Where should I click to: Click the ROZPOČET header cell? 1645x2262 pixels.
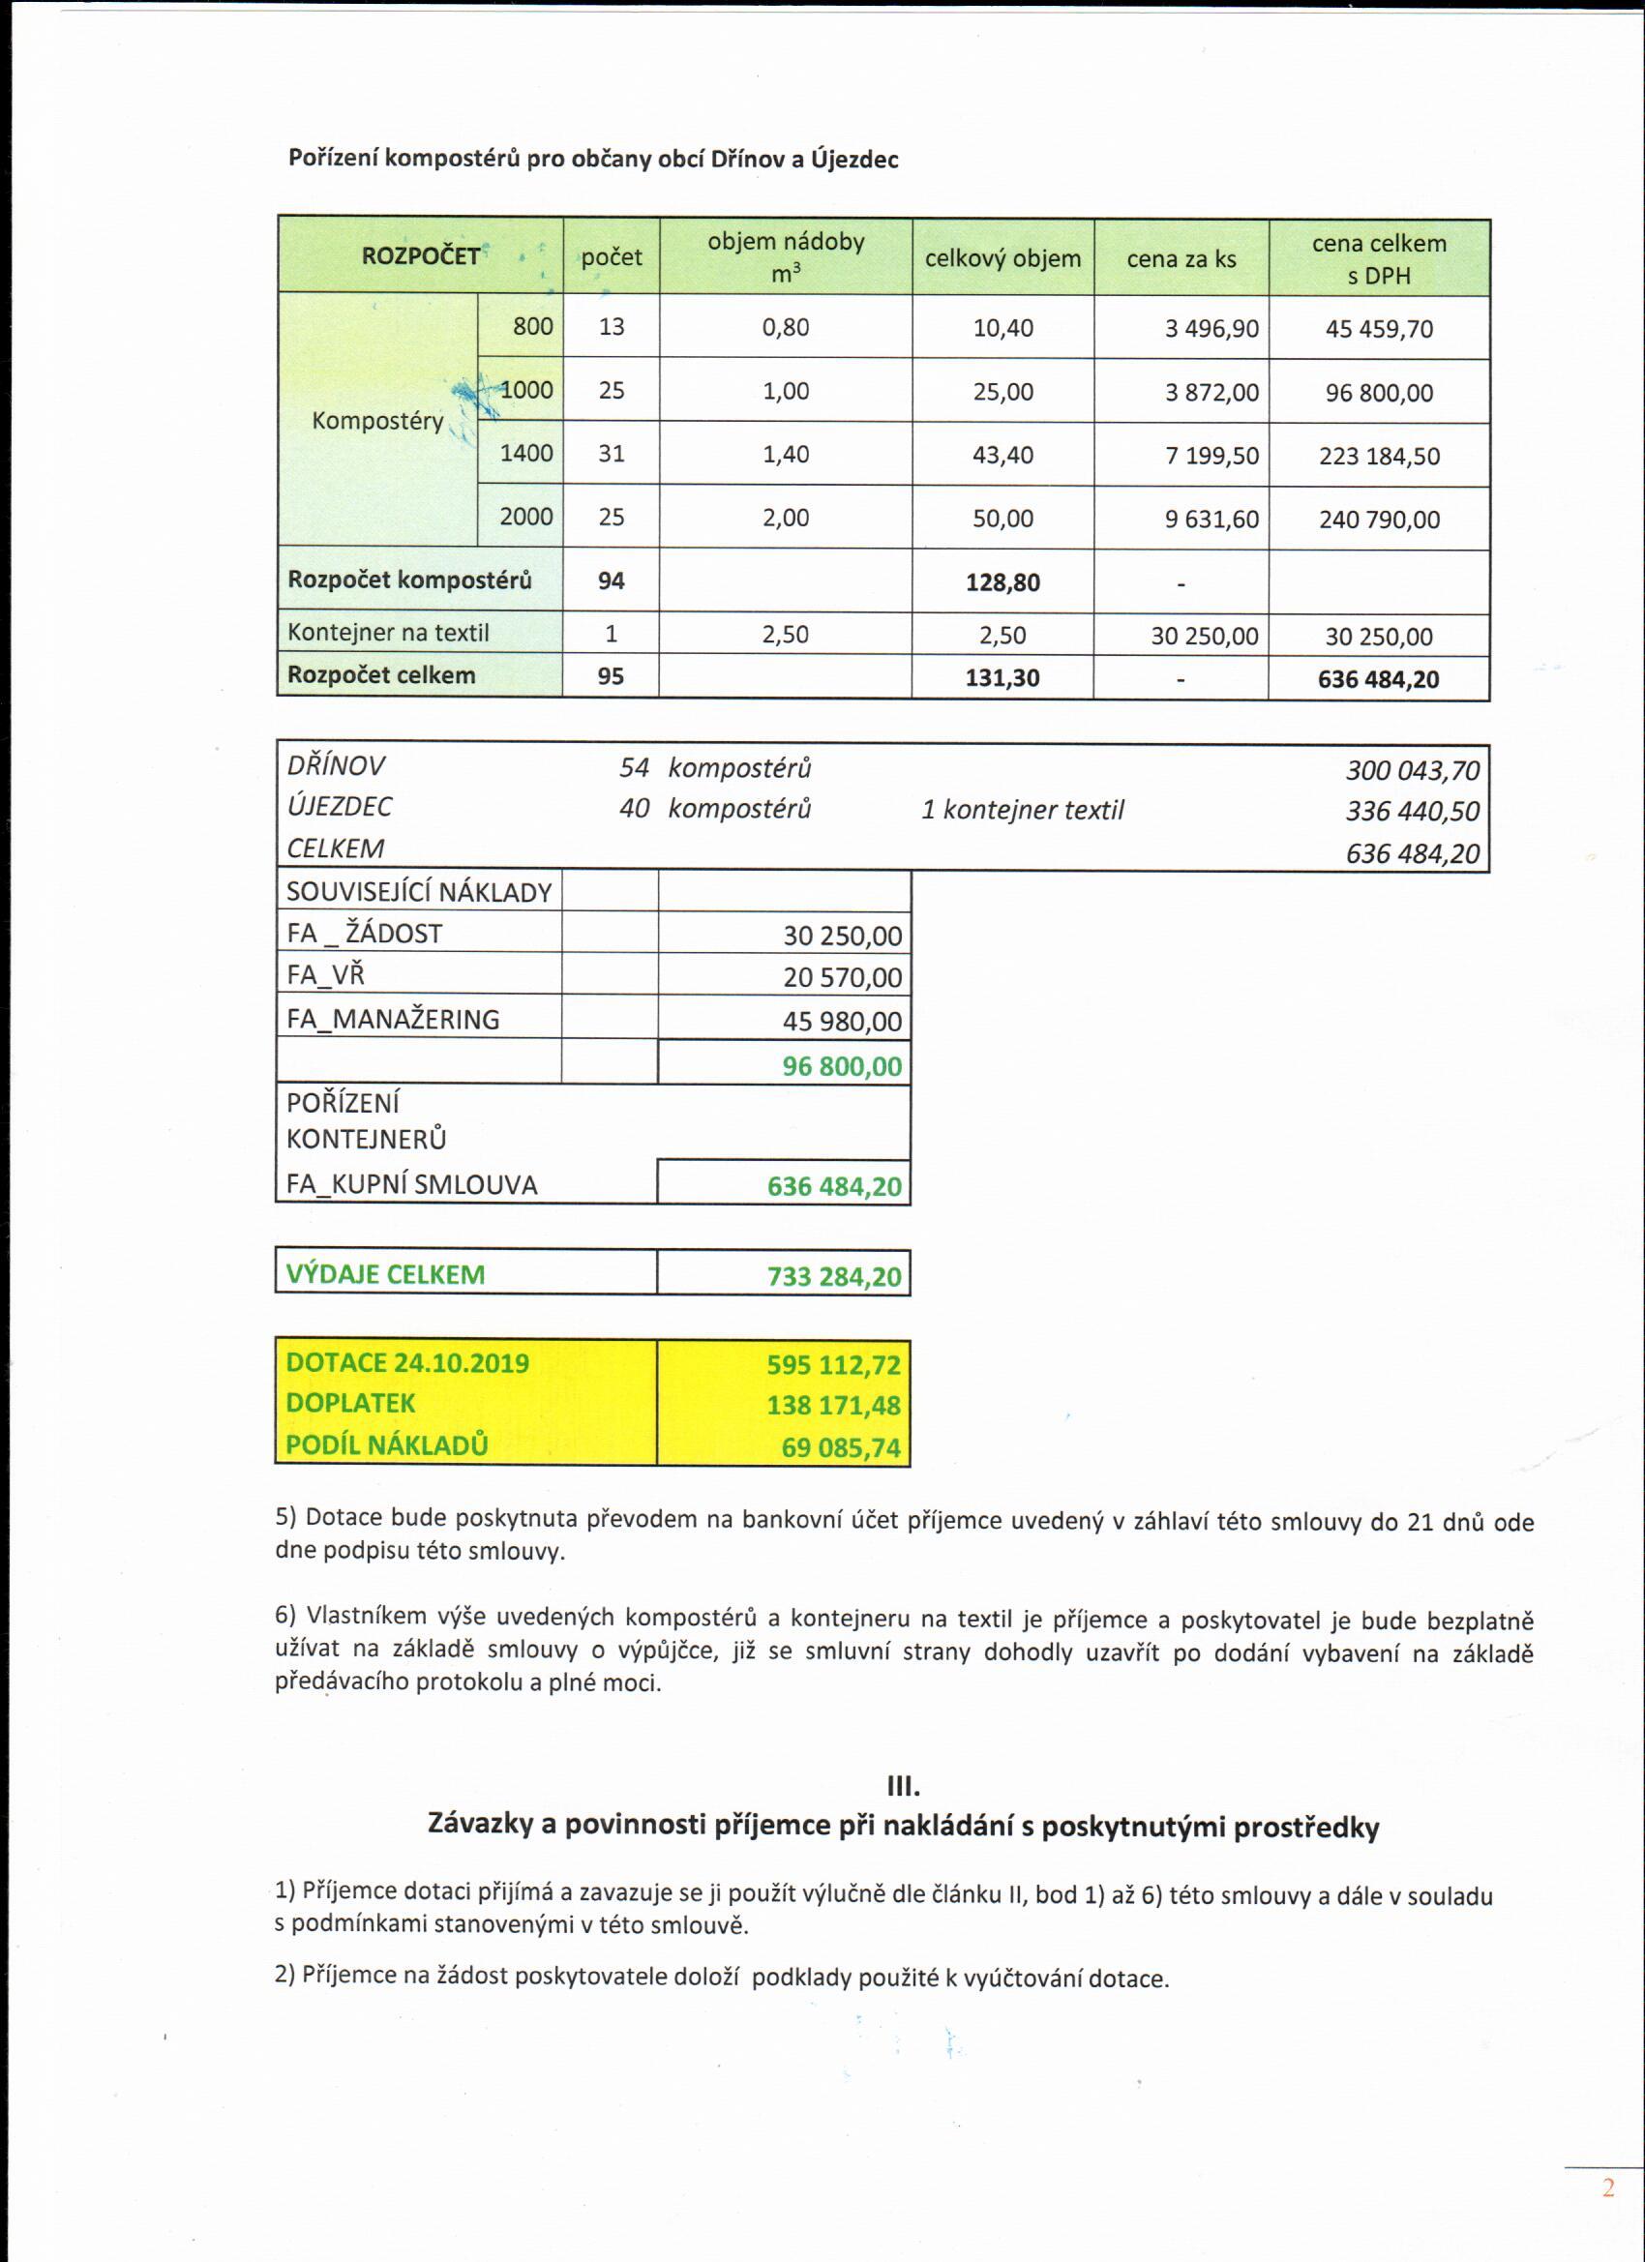[x=420, y=256]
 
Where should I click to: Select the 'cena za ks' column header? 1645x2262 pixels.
[x=1181, y=259]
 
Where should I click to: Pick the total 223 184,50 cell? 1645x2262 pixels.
[x=1379, y=457]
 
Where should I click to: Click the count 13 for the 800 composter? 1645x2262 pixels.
[x=612, y=327]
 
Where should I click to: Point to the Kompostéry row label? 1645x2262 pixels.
[x=377, y=421]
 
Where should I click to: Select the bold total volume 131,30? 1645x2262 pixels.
[x=1002, y=678]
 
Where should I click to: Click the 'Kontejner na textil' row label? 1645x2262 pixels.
[x=388, y=634]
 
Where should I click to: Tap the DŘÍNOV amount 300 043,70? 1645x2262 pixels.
[x=1412, y=770]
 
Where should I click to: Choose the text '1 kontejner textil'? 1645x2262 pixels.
[x=1022, y=810]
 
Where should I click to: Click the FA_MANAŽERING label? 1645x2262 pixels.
[x=393, y=1020]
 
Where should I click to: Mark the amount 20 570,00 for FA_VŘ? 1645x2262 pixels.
[x=842, y=977]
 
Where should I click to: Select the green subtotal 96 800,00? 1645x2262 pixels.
[x=842, y=1066]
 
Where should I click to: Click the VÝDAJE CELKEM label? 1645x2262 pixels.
[x=385, y=1274]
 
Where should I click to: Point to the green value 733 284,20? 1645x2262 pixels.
[x=834, y=1277]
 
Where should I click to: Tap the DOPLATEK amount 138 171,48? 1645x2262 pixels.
[x=834, y=1405]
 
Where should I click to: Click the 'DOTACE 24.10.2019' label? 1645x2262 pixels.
[x=407, y=1363]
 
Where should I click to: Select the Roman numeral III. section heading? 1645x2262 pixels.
[x=903, y=1784]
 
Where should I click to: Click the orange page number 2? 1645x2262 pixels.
[x=1607, y=2188]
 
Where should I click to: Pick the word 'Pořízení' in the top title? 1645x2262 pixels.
[x=333, y=158]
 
